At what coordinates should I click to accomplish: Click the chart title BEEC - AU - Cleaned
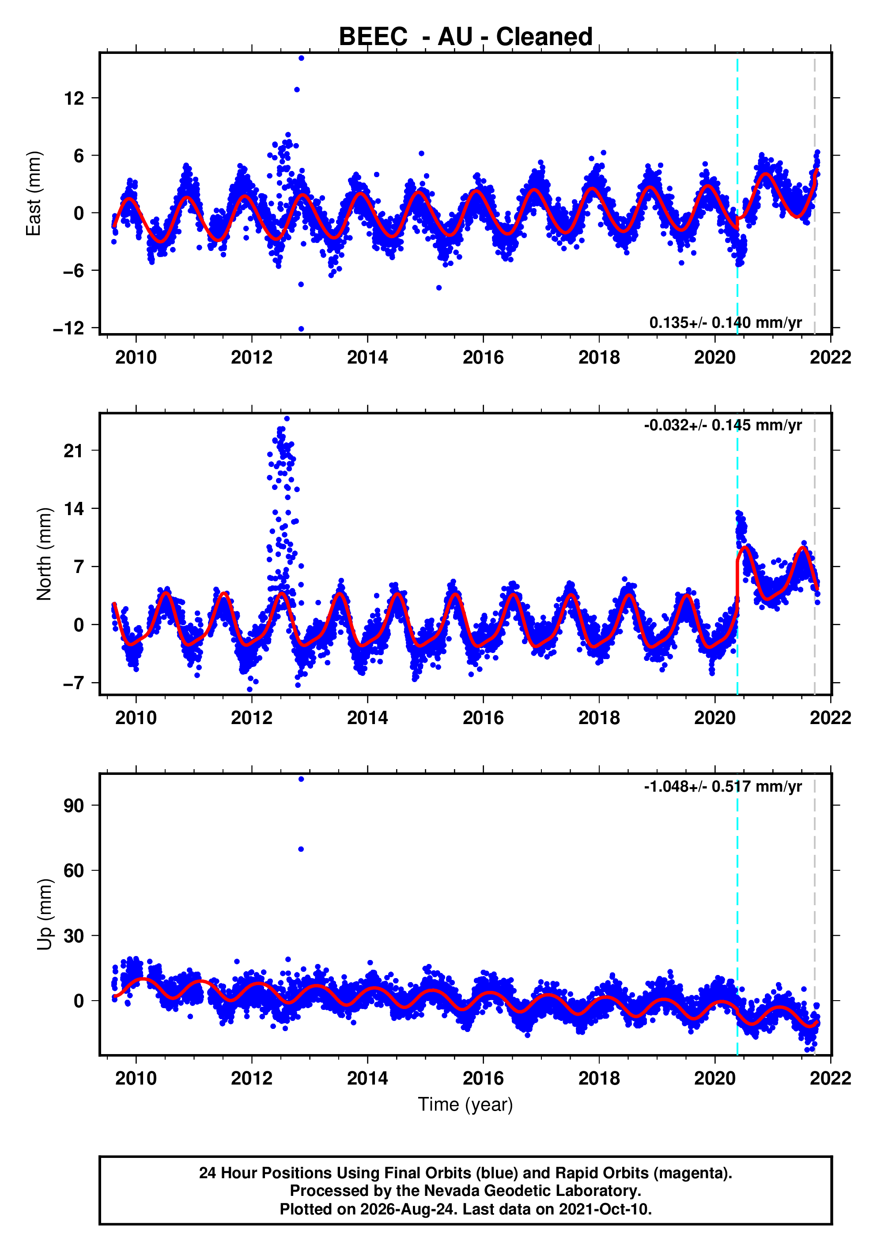tap(465, 37)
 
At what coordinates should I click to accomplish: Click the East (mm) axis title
tap(34, 193)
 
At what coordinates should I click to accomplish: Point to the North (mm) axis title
tap(44, 554)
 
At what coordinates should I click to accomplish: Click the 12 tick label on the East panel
tap(74, 98)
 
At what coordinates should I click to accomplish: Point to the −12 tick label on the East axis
tap(69, 328)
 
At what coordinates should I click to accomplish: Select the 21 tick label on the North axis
tap(74, 451)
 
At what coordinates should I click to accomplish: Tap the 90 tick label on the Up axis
tap(74, 805)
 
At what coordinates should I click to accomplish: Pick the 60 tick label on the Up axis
tap(74, 871)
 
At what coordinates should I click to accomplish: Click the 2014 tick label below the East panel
tap(367, 358)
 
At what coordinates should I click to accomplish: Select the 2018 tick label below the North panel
tap(599, 718)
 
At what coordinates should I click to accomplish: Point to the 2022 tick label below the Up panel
tap(830, 1078)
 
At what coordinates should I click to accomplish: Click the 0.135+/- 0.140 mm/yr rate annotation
tap(726, 323)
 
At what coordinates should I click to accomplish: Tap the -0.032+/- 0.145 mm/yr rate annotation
tap(723, 425)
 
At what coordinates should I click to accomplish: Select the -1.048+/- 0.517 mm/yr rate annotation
tap(723, 786)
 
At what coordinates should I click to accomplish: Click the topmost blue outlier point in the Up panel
tap(302, 779)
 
